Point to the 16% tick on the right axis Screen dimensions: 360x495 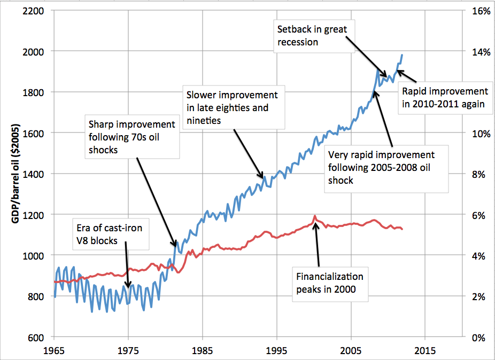tap(477, 10)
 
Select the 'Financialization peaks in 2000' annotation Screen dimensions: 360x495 tap(330, 283)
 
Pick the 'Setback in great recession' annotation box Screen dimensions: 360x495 tap(310, 35)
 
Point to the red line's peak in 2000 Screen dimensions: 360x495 tap(315, 216)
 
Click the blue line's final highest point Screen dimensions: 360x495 tap(402, 54)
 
